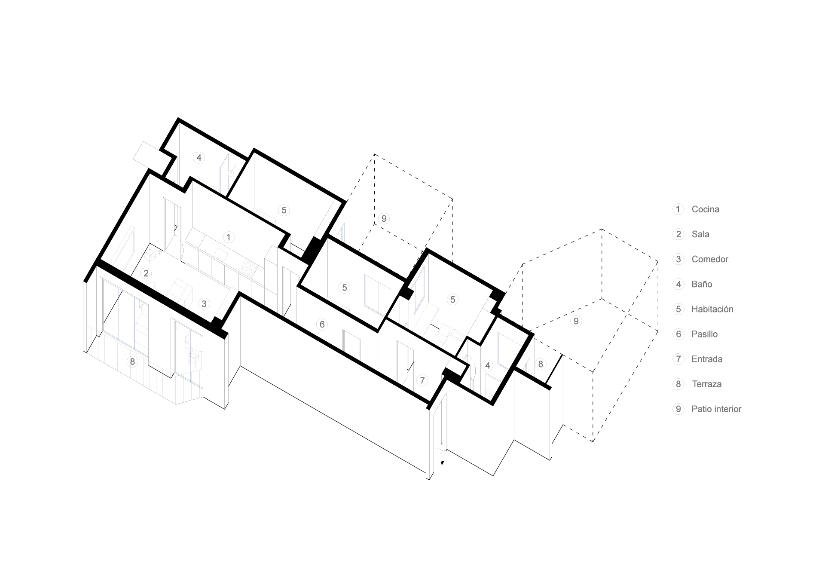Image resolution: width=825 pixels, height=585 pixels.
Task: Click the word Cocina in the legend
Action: pyautogui.click(x=705, y=209)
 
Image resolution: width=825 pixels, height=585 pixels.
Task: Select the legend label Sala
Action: pyautogui.click(x=700, y=234)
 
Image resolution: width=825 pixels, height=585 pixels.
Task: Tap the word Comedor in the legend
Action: pyautogui.click(x=710, y=259)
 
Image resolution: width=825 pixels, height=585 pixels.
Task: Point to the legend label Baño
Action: pyautogui.click(x=702, y=284)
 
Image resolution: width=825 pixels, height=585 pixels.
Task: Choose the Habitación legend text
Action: pyautogui.click(x=712, y=309)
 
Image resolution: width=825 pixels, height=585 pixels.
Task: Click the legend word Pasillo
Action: pyautogui.click(x=704, y=334)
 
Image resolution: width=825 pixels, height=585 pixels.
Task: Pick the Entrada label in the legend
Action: pyautogui.click(x=707, y=359)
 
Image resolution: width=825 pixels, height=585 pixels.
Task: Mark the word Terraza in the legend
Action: pyautogui.click(x=706, y=384)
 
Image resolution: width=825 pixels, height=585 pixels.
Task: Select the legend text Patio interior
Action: pyautogui.click(x=716, y=409)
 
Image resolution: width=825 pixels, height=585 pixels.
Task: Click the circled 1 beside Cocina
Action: pyautogui.click(x=678, y=209)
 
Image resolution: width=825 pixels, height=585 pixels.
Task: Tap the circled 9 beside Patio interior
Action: pyautogui.click(x=678, y=409)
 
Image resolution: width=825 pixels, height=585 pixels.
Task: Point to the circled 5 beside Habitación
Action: pyautogui.click(x=678, y=309)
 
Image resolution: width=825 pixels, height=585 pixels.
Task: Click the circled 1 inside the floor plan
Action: pyautogui.click(x=229, y=237)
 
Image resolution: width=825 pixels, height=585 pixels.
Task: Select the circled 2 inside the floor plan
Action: pyautogui.click(x=146, y=273)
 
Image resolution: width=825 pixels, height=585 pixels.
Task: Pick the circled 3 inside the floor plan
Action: pyautogui.click(x=204, y=304)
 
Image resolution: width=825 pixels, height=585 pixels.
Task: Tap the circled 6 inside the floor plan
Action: pyautogui.click(x=322, y=325)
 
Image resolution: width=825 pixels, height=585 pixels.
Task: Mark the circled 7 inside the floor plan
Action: pyautogui.click(x=422, y=380)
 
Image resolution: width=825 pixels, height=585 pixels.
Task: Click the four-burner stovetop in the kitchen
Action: pyautogui.click(x=248, y=268)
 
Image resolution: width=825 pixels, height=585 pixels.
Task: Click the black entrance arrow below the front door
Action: pyautogui.click(x=443, y=462)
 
